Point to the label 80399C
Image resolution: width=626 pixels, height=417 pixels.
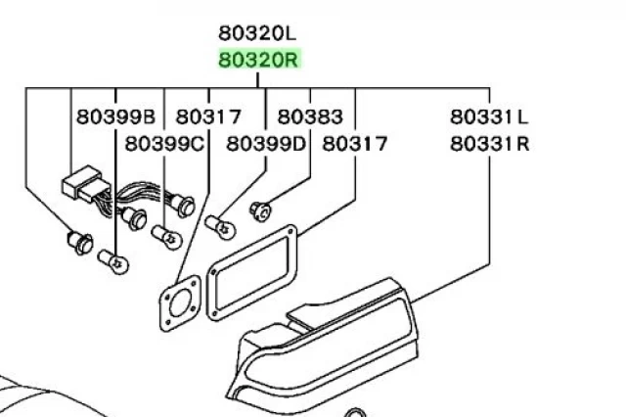(163, 144)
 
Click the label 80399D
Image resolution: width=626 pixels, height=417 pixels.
(266, 144)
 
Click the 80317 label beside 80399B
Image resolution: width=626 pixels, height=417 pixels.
(208, 117)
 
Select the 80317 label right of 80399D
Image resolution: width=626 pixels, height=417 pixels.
(354, 144)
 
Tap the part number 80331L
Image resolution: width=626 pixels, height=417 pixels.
(489, 117)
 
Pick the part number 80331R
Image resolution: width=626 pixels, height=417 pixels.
(489, 144)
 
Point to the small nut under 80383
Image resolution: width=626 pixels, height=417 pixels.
(261, 209)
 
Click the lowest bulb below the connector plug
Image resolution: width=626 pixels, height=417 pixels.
(112, 260)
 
